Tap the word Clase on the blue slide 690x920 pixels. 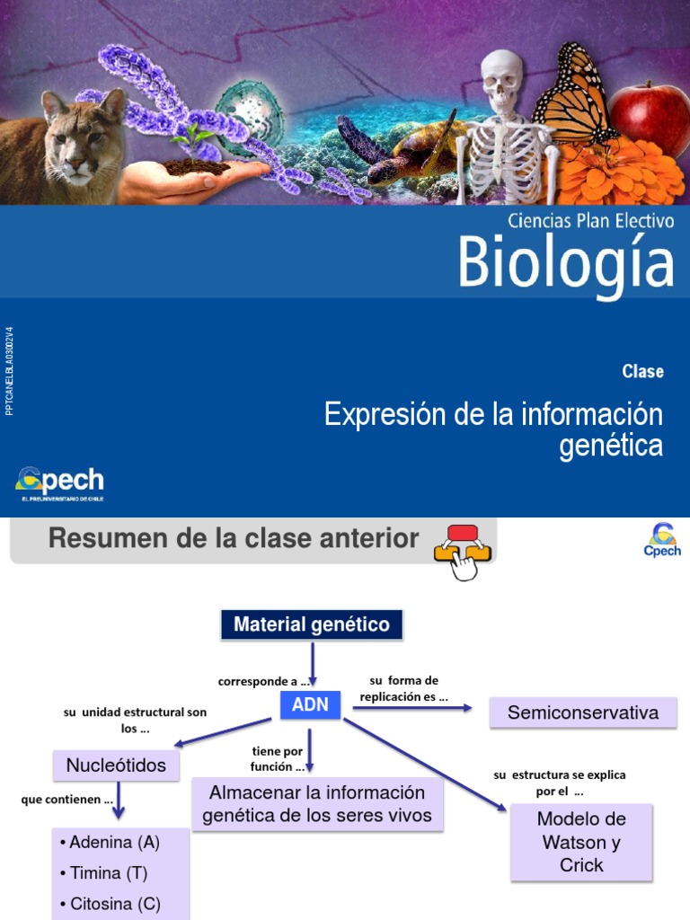pos(641,371)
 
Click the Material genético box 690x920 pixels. pos(312,624)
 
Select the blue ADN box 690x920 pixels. pos(310,705)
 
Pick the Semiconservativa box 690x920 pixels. pos(582,713)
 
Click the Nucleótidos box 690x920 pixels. pos(116,765)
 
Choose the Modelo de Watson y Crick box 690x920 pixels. pos(581,842)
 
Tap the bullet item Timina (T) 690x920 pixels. pos(102,872)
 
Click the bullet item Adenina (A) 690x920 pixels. pos(109,843)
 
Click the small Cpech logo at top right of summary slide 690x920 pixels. pos(662,540)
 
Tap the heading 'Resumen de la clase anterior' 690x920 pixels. pos(234,539)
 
